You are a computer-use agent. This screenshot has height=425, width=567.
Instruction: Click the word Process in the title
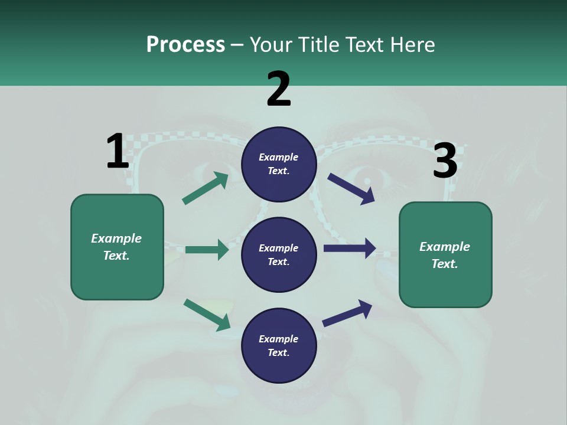coord(185,44)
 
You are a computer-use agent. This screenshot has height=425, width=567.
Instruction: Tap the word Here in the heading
coord(413,44)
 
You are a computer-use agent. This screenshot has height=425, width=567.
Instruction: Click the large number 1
coord(118,151)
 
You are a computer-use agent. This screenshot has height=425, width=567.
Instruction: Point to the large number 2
coord(279,89)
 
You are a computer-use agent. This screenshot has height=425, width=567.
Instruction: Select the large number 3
coord(445,161)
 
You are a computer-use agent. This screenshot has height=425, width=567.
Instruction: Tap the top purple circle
coord(279,164)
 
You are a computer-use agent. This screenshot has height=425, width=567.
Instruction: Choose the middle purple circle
coord(279,254)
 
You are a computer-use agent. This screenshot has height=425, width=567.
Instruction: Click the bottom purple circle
coord(279,345)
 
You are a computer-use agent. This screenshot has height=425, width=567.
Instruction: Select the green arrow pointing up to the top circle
coord(205,188)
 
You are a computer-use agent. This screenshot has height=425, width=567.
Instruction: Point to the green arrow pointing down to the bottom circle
coord(207,314)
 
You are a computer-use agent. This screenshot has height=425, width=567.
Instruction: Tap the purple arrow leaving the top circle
coord(351,188)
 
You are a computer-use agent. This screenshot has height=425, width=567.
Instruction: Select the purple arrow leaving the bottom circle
coord(347,312)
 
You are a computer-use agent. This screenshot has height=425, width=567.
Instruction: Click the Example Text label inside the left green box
coord(116,247)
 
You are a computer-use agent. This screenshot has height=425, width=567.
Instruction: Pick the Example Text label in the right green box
coord(445,255)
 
